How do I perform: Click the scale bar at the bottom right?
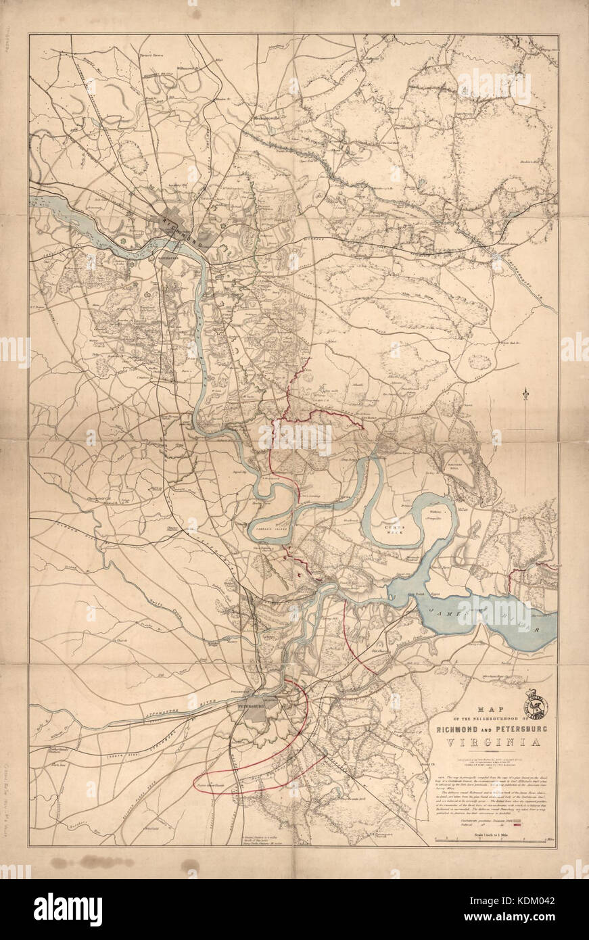point(494,841)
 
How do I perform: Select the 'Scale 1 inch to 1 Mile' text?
point(493,830)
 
